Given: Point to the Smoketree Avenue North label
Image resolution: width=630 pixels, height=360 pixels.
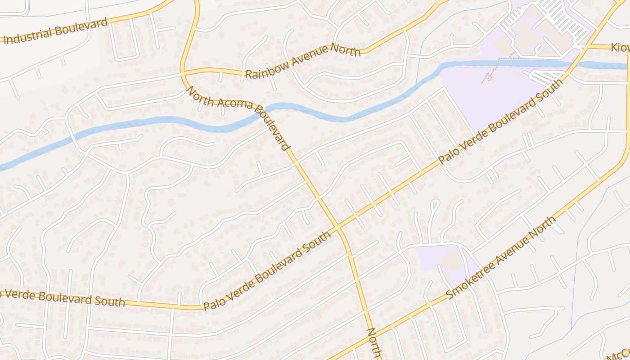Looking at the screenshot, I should pyautogui.click(x=501, y=257).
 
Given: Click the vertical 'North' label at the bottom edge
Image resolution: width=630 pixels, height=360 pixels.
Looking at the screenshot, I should pyautogui.click(x=374, y=344).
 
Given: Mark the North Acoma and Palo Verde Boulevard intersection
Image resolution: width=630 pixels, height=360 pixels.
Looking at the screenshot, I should pyautogui.click(x=337, y=228).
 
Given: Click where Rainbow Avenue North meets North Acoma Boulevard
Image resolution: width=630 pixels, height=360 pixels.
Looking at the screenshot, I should pyautogui.click(x=183, y=72).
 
